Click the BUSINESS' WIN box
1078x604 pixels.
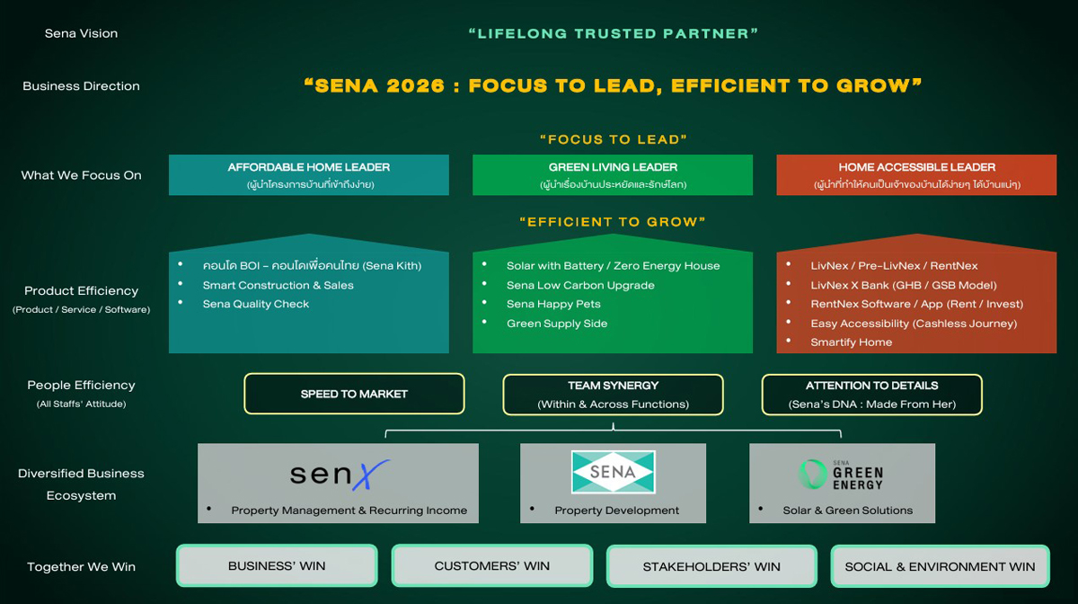point(277,566)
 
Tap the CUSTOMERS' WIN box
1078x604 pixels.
point(491,566)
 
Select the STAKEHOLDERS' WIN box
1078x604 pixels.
point(711,567)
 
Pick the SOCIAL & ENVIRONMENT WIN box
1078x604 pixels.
point(940,567)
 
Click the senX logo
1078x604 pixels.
point(339,474)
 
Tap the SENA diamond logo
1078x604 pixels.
point(614,472)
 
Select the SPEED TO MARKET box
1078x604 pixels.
point(354,394)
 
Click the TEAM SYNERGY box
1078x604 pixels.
point(613,395)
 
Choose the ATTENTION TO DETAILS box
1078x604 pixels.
point(871,395)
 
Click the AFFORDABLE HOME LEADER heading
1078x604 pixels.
point(309,167)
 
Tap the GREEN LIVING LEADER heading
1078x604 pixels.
point(613,167)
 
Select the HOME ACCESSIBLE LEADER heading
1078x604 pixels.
point(916,167)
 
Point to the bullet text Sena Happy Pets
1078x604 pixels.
point(553,304)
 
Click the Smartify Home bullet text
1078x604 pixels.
point(851,342)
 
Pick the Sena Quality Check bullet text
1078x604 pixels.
point(256,304)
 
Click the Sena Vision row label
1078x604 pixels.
point(81,33)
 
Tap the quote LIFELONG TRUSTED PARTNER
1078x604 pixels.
point(614,33)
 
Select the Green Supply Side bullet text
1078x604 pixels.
point(557,324)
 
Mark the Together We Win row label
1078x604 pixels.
point(81,567)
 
